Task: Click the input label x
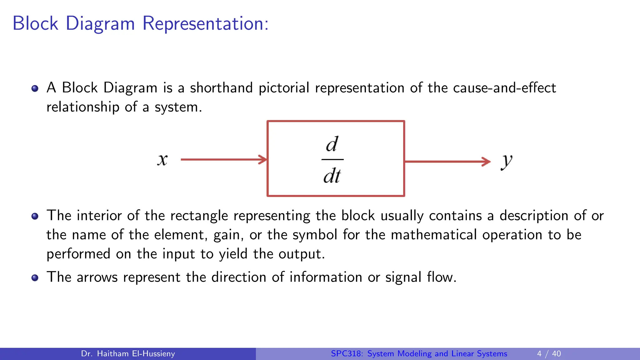click(162, 160)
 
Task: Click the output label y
click(507, 162)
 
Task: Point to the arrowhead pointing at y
click(486, 162)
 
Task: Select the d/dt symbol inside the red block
click(332, 160)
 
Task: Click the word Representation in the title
click(205, 23)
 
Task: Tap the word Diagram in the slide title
click(100, 23)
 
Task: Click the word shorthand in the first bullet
click(221, 88)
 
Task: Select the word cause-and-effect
click(504, 88)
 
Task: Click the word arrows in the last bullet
click(97, 277)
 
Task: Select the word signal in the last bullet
click(403, 277)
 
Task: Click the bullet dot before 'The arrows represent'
click(35, 277)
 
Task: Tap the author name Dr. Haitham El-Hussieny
click(128, 354)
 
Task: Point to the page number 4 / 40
click(549, 354)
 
